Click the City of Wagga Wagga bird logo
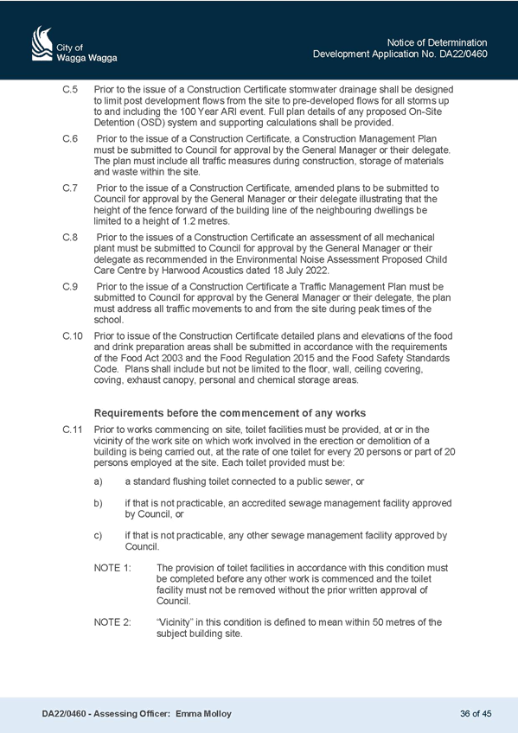click(x=42, y=44)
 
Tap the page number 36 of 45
click(x=476, y=714)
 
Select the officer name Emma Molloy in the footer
click(x=203, y=714)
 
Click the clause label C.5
click(x=70, y=89)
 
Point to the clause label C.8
click(x=70, y=238)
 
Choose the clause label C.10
click(x=73, y=336)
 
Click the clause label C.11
click(x=73, y=430)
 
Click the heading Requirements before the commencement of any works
click(x=230, y=413)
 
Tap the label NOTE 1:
click(x=112, y=568)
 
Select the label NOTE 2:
click(x=112, y=622)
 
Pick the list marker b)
click(x=99, y=503)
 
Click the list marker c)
click(x=99, y=536)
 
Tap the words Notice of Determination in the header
click(x=437, y=42)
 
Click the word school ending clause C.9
click(x=108, y=320)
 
